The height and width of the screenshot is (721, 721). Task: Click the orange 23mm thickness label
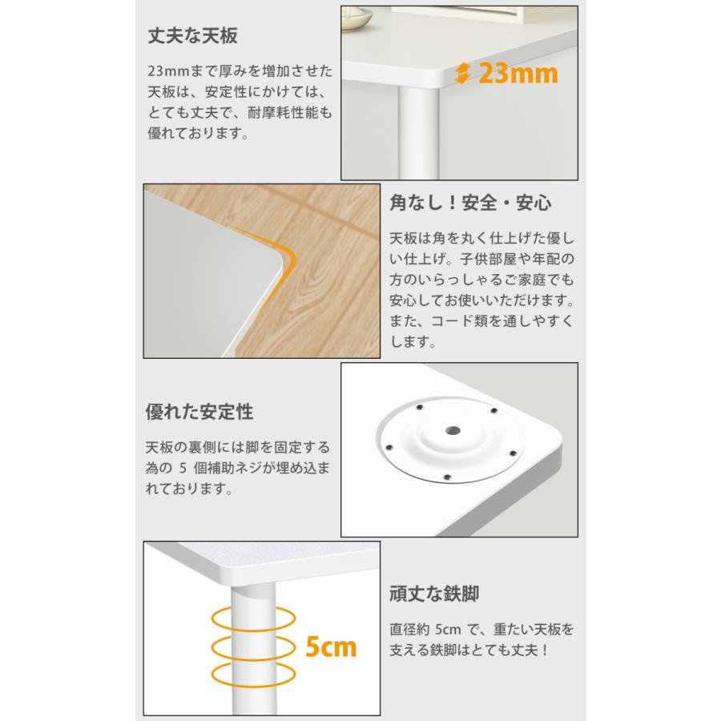[x=518, y=74]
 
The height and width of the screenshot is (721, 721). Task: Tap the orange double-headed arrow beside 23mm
[x=462, y=75]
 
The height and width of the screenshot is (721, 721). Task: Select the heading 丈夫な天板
[x=193, y=37]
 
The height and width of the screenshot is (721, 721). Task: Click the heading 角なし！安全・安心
[x=470, y=203]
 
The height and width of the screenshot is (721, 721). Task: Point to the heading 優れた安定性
[x=199, y=413]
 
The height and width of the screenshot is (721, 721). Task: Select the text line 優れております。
[x=197, y=133]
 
